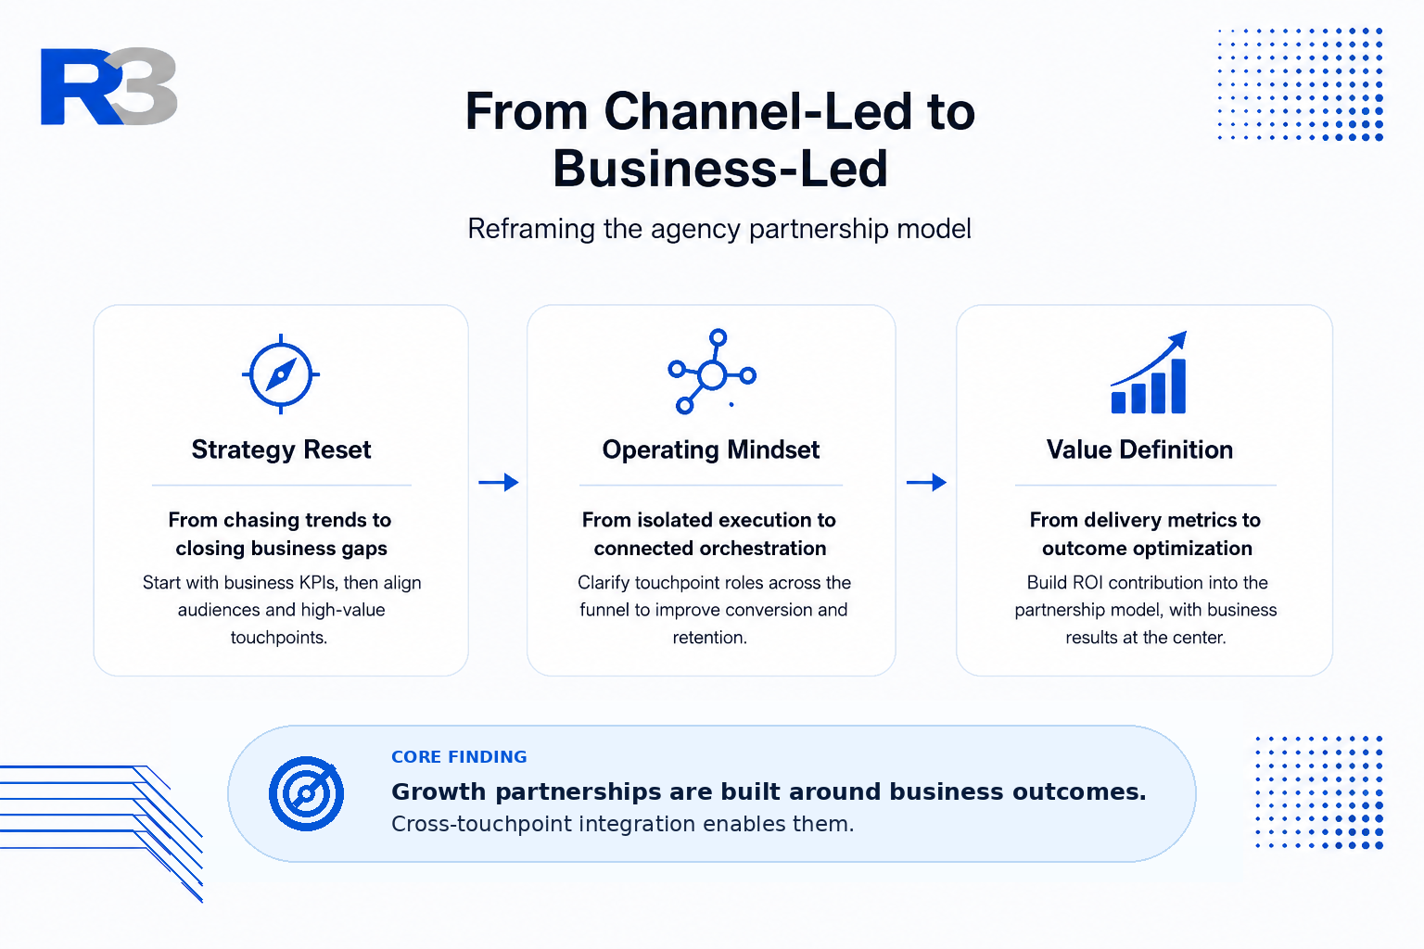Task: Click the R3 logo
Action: pyautogui.click(x=108, y=86)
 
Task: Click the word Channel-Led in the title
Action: pyautogui.click(x=757, y=112)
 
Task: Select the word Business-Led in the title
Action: pyautogui.click(x=719, y=169)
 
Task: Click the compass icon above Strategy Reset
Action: pyautogui.click(x=281, y=374)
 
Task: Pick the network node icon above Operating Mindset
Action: pyautogui.click(x=712, y=372)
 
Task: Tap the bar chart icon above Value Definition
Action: pyautogui.click(x=1149, y=373)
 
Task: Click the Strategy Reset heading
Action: pyautogui.click(x=281, y=450)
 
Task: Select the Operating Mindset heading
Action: pyautogui.click(x=711, y=450)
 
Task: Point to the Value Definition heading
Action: pyautogui.click(x=1139, y=450)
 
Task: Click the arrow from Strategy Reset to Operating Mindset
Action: pyautogui.click(x=499, y=483)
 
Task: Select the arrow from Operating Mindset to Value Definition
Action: pyautogui.click(x=926, y=483)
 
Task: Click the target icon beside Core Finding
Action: pyautogui.click(x=307, y=793)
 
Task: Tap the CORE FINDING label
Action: pyautogui.click(x=459, y=757)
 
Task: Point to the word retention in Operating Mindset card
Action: pyautogui.click(x=709, y=638)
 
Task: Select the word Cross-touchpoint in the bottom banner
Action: pyautogui.click(x=481, y=825)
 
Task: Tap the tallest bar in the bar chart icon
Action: pyautogui.click(x=1178, y=386)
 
